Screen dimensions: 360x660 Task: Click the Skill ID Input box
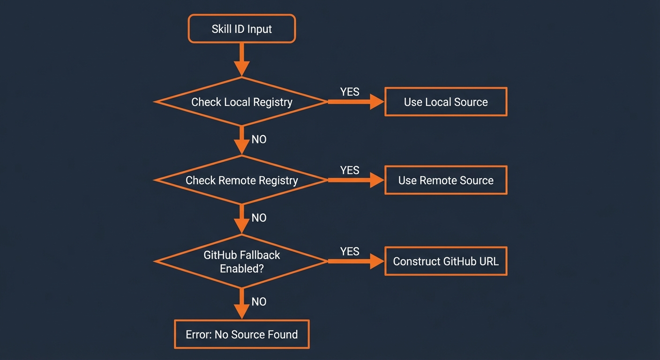[241, 29]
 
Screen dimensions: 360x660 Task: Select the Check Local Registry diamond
[241, 102]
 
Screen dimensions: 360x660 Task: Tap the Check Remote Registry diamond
[241, 180]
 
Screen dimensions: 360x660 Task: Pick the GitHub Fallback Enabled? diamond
[241, 262]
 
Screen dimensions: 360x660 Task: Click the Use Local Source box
[445, 102]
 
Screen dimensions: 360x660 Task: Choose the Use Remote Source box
[445, 180]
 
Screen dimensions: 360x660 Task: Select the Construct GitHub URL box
[445, 261]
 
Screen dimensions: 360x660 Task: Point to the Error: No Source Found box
[241, 334]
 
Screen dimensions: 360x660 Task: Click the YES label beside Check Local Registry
[350, 92]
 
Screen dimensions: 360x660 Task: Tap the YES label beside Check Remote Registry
[350, 170]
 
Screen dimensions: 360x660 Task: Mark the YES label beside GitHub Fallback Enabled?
[350, 252]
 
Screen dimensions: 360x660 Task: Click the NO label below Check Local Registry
[259, 139]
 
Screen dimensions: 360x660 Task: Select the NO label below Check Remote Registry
[259, 217]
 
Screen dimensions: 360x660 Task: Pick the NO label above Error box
[259, 301]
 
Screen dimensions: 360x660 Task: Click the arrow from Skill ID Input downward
[241, 60]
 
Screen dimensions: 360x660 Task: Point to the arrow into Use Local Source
[356, 102]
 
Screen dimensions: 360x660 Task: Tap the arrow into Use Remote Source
[356, 180]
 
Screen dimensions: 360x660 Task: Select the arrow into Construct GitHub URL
[356, 261]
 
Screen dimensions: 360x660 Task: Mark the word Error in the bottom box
[198, 334]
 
